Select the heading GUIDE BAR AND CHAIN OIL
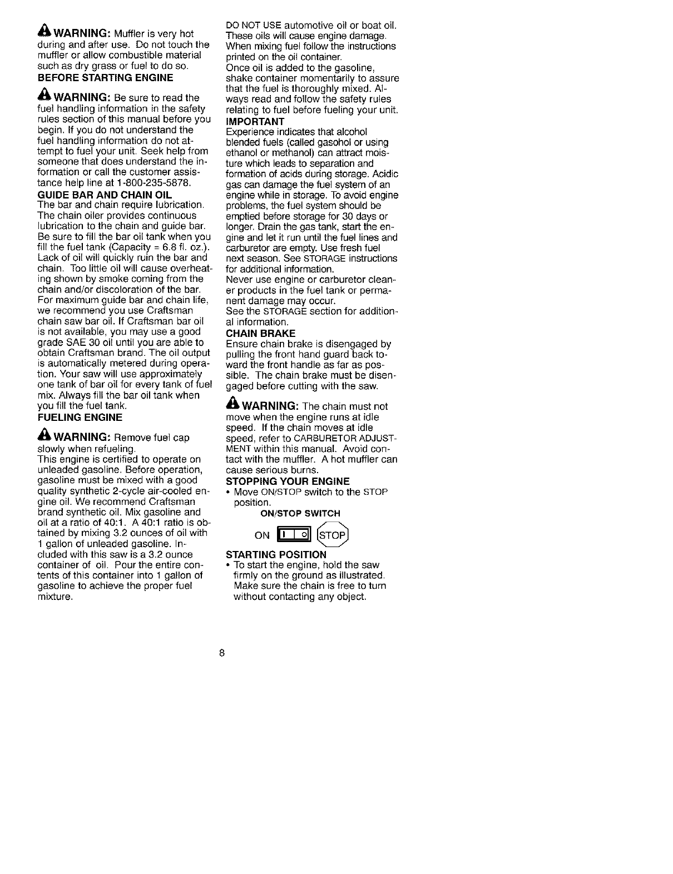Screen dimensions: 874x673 tap(105, 195)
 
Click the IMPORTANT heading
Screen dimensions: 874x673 tap(255, 121)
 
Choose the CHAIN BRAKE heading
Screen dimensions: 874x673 tap(261, 333)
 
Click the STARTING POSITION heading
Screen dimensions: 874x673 tap(276, 555)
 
